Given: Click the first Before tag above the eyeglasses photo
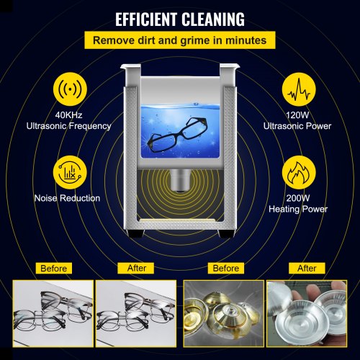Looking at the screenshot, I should coord(55,269).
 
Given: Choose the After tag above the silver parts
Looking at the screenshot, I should coord(307,269).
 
